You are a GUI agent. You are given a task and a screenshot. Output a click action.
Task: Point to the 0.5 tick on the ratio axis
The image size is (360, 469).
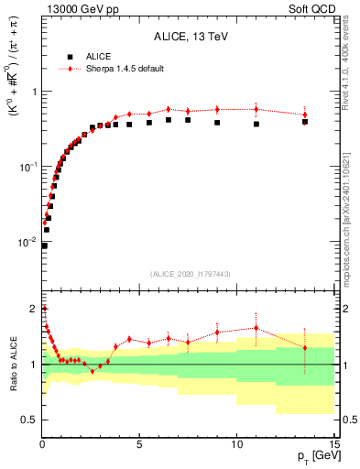(x=30, y=420)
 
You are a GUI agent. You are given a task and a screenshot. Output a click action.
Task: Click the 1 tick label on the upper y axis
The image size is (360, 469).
(x=35, y=92)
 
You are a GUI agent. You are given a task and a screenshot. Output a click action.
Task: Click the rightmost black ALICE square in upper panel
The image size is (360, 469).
(x=305, y=121)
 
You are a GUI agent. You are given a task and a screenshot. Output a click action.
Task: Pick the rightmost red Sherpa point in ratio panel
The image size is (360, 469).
(x=305, y=347)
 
